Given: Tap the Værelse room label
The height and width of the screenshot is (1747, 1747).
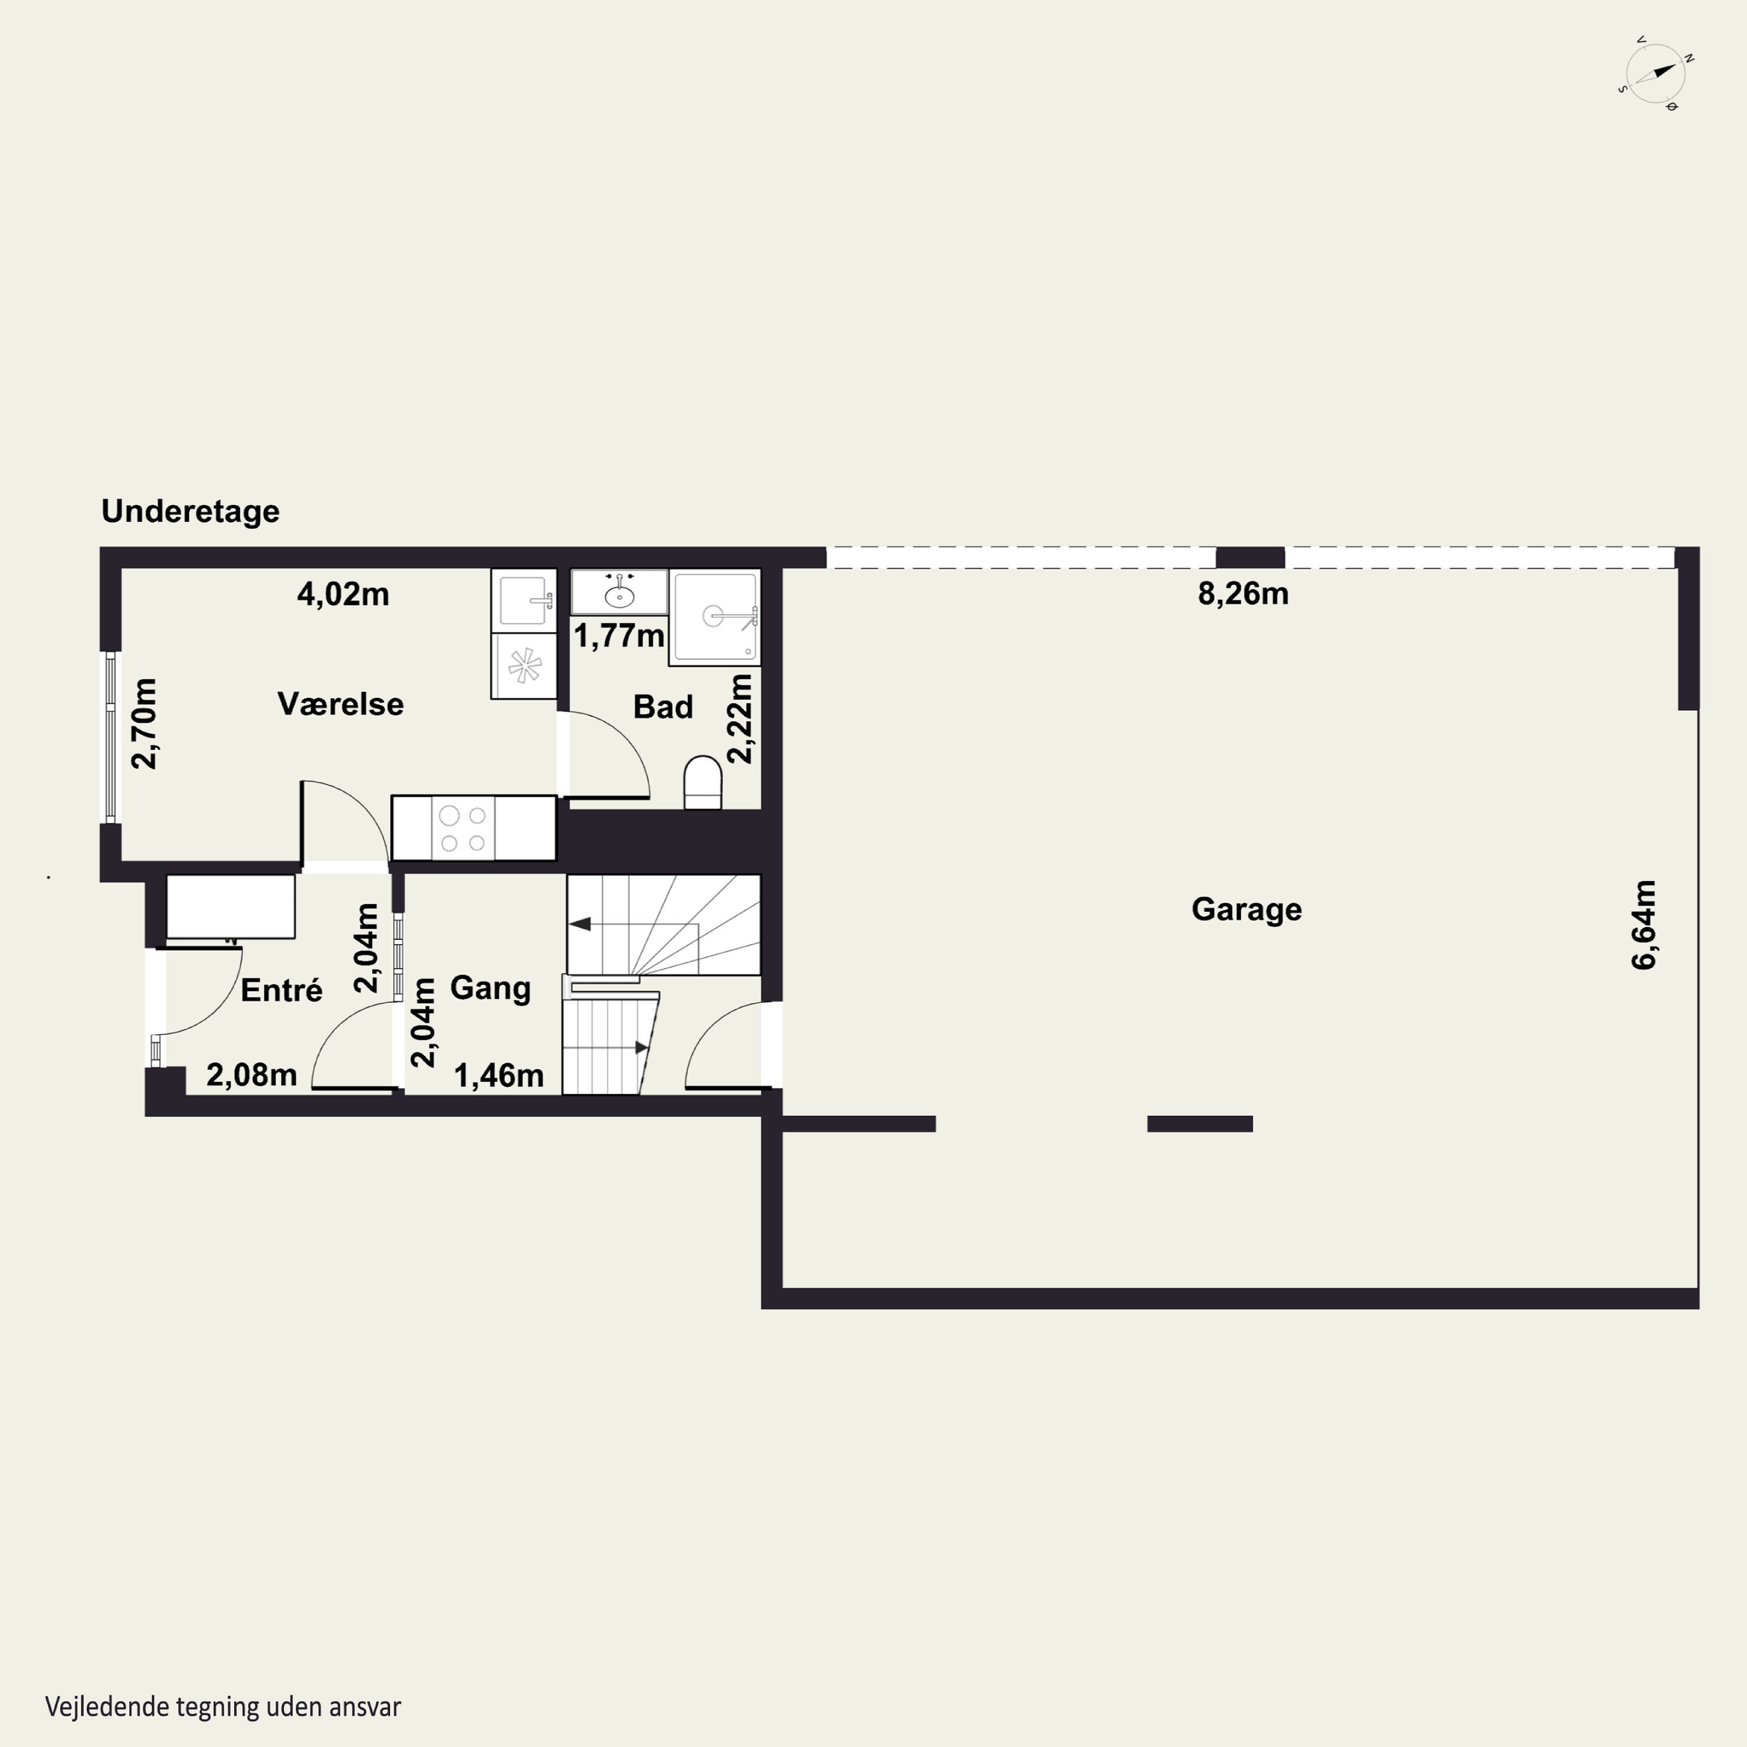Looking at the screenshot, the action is pyautogui.click(x=340, y=703).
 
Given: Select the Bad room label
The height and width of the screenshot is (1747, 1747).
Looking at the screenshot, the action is pyautogui.click(x=663, y=706).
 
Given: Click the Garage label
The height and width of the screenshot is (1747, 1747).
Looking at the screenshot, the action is pyautogui.click(x=1246, y=909).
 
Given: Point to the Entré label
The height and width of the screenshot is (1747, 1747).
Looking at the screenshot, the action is pyautogui.click(x=281, y=989).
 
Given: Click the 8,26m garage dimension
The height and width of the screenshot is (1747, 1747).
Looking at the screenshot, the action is pyautogui.click(x=1243, y=593).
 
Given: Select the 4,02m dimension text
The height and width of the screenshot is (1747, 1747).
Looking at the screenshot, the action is pyautogui.click(x=343, y=594).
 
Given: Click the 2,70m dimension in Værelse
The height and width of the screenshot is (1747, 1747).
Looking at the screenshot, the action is pyautogui.click(x=144, y=723).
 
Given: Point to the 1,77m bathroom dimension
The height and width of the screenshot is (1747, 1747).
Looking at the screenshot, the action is pyautogui.click(x=620, y=636).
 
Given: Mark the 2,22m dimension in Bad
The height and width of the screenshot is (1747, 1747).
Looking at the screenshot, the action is pyautogui.click(x=740, y=719).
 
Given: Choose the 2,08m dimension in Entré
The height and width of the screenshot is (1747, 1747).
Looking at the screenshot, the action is pyautogui.click(x=252, y=1074).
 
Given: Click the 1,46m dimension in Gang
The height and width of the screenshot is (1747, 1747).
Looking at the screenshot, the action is pyautogui.click(x=498, y=1075).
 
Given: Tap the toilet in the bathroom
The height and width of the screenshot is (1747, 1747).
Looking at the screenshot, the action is pyautogui.click(x=703, y=782).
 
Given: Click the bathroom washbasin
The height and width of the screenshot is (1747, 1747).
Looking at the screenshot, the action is pyautogui.click(x=620, y=592).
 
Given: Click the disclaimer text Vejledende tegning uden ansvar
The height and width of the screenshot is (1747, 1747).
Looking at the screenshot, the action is pyautogui.click(x=224, y=1706).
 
